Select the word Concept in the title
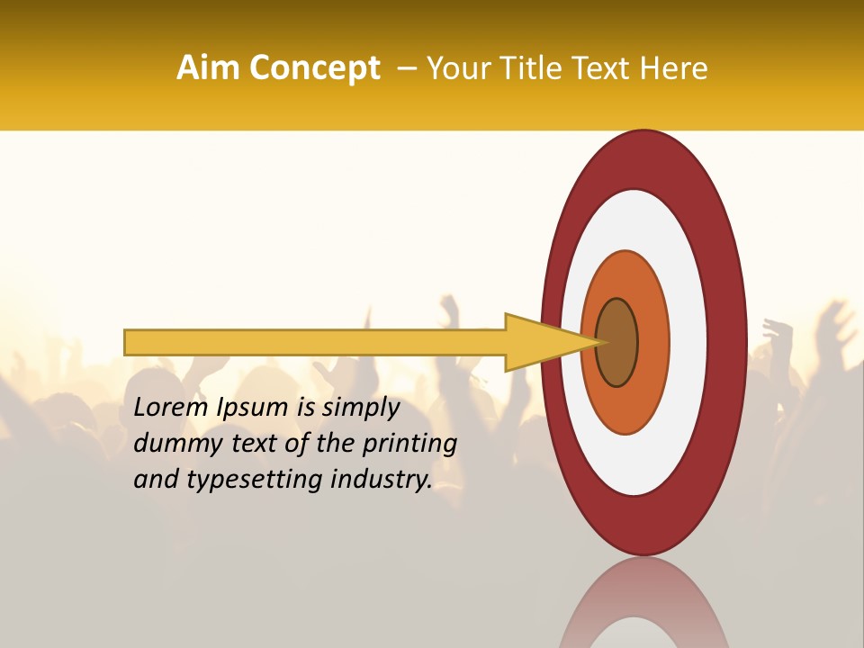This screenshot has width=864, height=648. point(314,68)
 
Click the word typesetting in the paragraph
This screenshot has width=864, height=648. point(254,480)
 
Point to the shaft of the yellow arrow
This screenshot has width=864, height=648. point(315,342)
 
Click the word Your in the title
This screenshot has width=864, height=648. point(456,67)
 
